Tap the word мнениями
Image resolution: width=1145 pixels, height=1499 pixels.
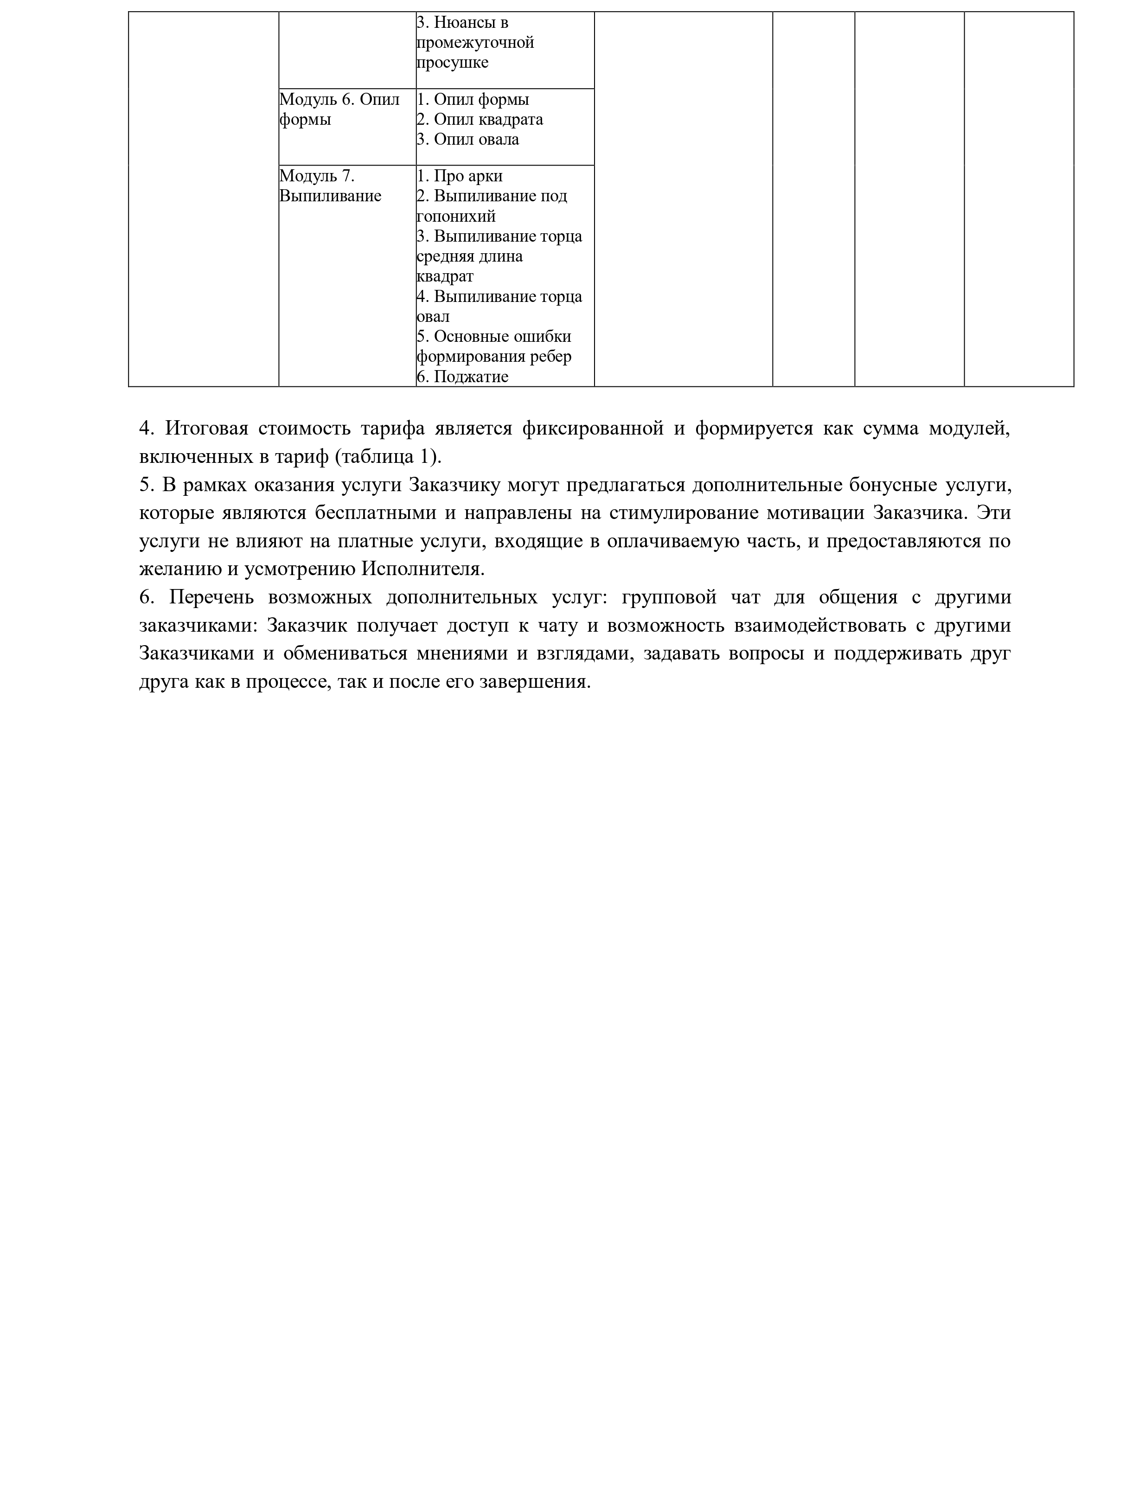457,653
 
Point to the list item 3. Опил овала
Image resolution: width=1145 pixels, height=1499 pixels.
468,140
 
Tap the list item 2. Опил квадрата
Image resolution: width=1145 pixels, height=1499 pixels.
480,119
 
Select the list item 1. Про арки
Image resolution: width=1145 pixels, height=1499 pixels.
460,176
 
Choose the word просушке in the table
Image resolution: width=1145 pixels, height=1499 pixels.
453,63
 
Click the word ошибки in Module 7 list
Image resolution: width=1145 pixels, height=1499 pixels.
548,337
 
